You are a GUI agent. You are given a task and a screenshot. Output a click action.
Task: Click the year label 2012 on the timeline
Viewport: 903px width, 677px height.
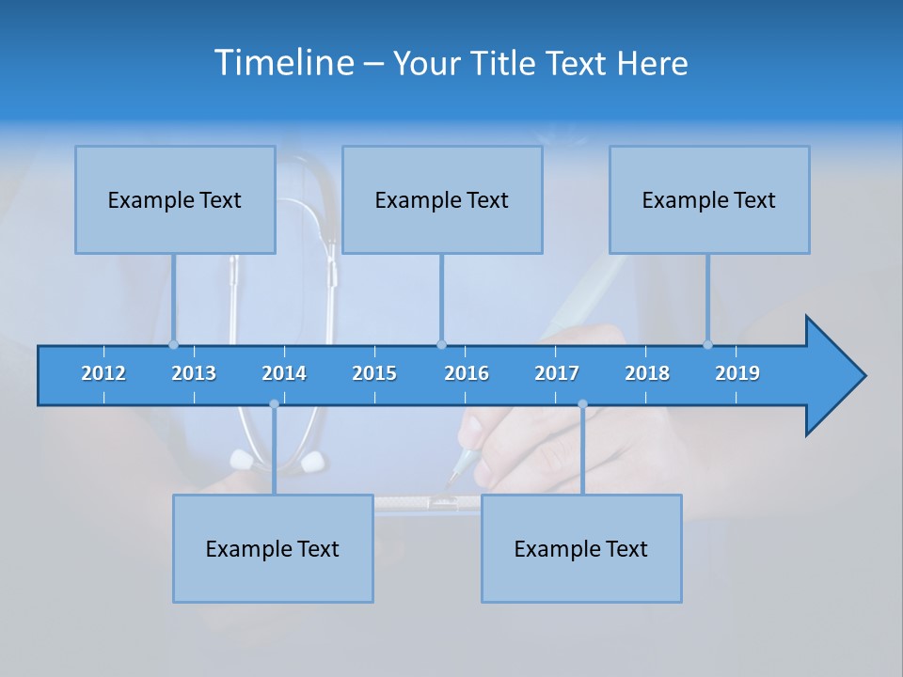[103, 373]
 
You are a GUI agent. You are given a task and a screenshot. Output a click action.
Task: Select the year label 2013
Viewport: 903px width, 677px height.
[194, 373]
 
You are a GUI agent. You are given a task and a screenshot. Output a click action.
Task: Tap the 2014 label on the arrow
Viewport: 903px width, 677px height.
[284, 373]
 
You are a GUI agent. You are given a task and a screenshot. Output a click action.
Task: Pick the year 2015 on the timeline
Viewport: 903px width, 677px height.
[374, 373]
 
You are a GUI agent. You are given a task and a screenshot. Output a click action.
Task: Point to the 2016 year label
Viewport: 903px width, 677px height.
[467, 373]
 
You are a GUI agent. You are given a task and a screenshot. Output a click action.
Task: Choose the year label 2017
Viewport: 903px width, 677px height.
[557, 373]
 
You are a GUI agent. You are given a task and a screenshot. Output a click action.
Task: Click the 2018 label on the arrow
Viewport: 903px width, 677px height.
[647, 373]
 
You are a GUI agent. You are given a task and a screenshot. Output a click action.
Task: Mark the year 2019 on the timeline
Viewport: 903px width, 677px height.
[737, 373]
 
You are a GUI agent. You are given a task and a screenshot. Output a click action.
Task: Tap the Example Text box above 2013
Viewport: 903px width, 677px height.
[175, 199]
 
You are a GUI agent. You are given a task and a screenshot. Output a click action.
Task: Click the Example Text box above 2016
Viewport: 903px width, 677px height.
[442, 199]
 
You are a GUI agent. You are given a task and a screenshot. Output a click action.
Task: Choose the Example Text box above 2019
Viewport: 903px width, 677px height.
[709, 199]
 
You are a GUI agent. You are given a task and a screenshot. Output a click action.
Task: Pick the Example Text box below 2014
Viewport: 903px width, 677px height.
[273, 548]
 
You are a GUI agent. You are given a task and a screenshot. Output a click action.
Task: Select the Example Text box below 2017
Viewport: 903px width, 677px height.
[581, 548]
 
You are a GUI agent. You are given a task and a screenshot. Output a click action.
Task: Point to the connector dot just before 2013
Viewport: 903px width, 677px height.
[173, 345]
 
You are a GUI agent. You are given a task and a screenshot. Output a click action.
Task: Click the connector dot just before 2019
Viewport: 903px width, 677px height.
[707, 345]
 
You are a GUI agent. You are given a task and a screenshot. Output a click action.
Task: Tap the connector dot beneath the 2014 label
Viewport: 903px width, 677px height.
[274, 404]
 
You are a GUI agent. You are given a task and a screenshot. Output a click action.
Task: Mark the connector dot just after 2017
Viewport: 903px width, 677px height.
[582, 404]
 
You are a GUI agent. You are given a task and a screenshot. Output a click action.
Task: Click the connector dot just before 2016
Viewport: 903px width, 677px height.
[441, 345]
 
